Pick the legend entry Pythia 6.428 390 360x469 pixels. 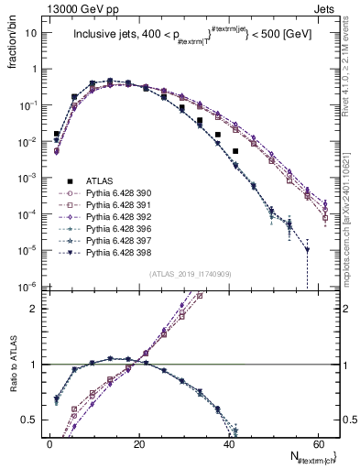click(115, 194)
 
